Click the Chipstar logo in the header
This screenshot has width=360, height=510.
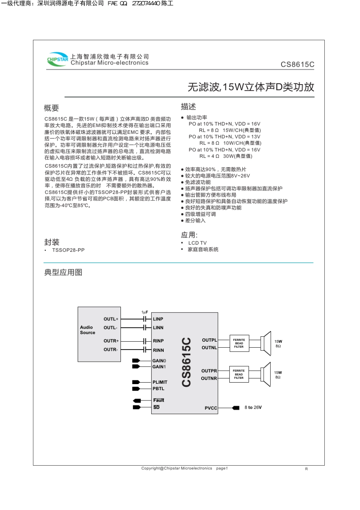pos(57,60)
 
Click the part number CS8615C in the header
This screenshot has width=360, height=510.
pos(297,64)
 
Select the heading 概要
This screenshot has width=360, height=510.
pos(52,108)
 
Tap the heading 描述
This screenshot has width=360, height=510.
pos(188,107)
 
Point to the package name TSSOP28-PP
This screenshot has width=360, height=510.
pos(68,250)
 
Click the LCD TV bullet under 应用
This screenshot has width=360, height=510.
pos(197,243)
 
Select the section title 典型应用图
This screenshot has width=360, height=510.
pos(63,272)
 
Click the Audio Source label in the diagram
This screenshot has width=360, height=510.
pos(88,330)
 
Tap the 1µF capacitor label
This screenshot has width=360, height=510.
pos(145,312)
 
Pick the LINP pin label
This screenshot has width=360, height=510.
pos(158,319)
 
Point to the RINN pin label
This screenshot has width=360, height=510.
pos(158,350)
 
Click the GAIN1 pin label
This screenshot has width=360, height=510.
pos(159,367)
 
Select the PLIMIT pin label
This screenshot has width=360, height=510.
pos(160,382)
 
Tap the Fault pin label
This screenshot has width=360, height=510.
pos(159,400)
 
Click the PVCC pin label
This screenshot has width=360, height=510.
pos(211,408)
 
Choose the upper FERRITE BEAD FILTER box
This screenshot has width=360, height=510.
pos(239,343)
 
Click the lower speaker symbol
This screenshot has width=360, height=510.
pos(266,374)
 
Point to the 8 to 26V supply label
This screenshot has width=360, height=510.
pos(253,408)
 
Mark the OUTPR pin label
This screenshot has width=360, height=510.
pos(209,371)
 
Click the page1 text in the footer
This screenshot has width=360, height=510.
pos(222,468)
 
